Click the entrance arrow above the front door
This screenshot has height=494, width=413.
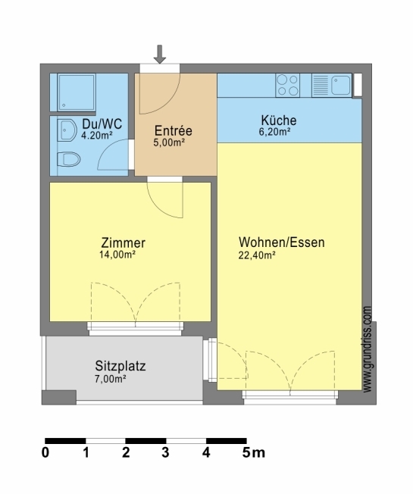160,54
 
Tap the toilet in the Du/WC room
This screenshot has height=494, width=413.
69,159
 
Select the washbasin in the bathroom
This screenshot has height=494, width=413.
67,130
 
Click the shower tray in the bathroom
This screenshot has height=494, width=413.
77,92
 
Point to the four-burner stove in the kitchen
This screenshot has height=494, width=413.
288,86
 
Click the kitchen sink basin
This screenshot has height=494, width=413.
340,86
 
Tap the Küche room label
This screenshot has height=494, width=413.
279,120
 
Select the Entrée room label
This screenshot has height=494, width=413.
174,130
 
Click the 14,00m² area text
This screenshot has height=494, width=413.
117,255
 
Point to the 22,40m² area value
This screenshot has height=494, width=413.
257,255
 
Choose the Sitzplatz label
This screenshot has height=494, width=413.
120,366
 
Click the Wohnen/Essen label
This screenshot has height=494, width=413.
282,242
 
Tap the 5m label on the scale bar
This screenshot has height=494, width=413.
254,453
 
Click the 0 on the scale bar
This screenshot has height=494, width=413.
45,453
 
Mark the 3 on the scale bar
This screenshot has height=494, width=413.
166,453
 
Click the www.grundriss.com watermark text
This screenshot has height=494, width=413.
368,349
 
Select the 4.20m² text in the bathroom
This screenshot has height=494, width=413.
97,136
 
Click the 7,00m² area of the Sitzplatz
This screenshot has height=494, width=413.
111,379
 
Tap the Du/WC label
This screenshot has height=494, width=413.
102,123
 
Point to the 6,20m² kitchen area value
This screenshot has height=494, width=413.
275,132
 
